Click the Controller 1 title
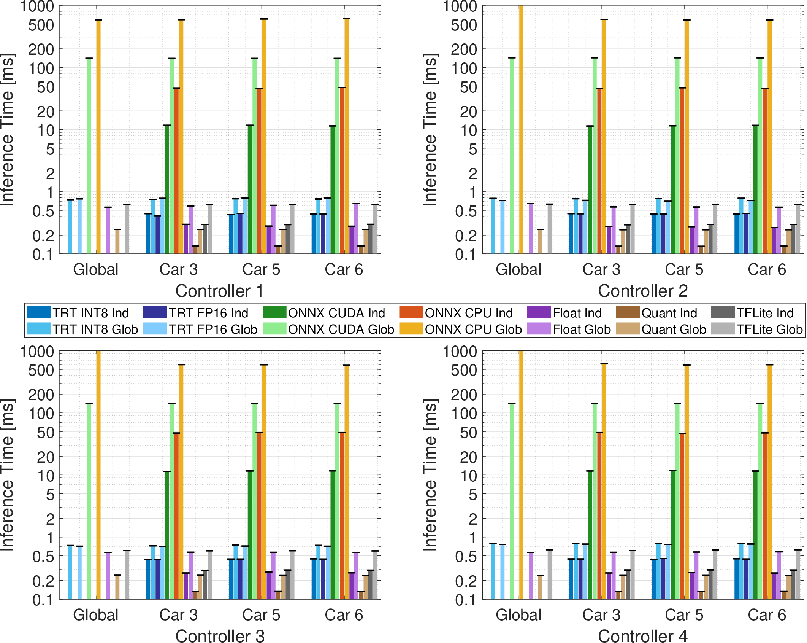pos(219,291)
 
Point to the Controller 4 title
pos(643,636)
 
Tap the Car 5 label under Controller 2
pos(684,270)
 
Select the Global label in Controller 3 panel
pos(96,615)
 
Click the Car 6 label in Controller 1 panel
pos(344,270)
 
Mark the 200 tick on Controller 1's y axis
pos(41,49)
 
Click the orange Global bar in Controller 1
pos(98,137)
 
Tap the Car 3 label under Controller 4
pos(601,615)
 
